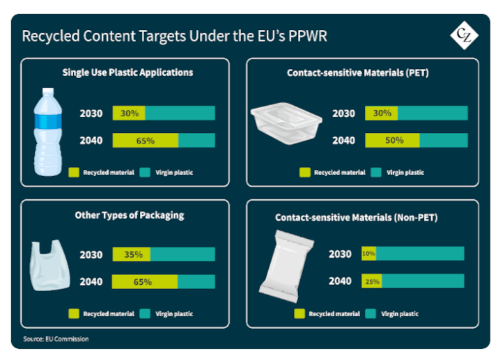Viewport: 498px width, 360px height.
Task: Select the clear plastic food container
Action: click(286, 125)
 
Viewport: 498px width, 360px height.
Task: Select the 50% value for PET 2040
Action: click(394, 140)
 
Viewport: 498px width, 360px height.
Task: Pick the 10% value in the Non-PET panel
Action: click(368, 253)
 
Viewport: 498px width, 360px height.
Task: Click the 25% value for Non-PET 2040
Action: click(371, 281)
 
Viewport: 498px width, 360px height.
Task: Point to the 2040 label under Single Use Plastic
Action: click(91, 140)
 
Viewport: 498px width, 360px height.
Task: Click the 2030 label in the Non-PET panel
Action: click(341, 253)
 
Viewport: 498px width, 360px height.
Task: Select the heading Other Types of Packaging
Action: click(130, 215)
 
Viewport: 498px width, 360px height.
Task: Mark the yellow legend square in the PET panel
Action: click(304, 172)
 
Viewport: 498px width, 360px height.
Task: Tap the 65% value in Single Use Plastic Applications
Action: click(145, 140)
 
